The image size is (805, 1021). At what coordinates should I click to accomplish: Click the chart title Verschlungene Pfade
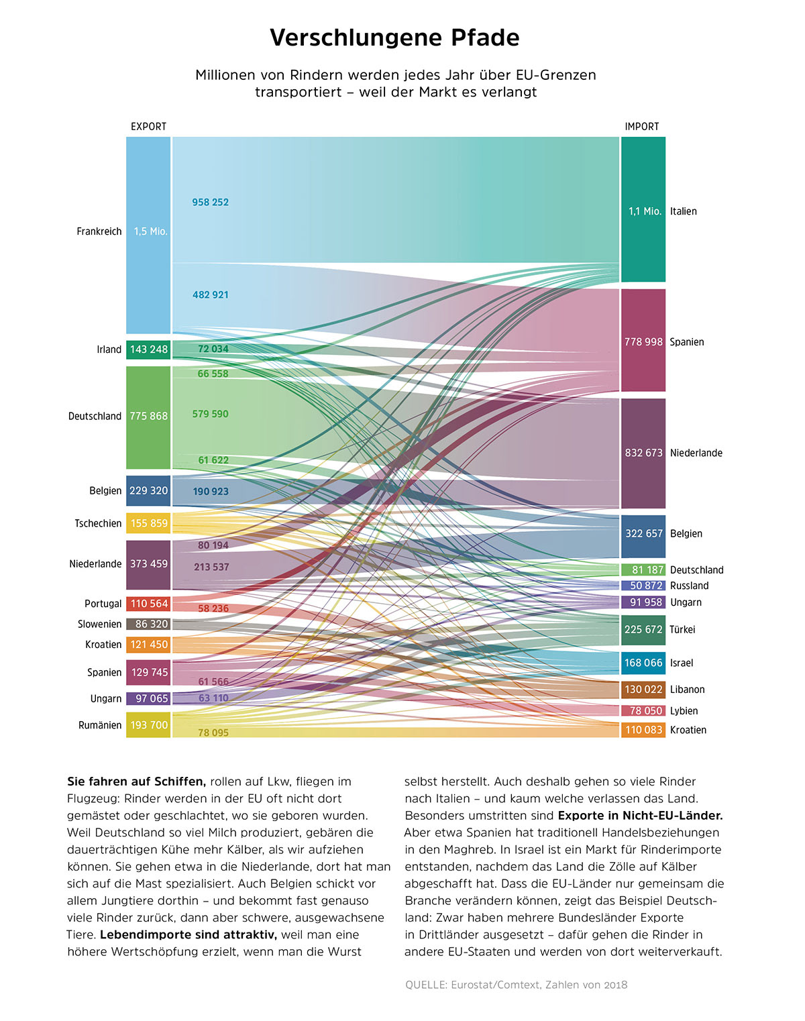pos(394,38)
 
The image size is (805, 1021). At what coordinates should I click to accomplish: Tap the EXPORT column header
pos(148,127)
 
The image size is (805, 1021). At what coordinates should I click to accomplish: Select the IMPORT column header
pos(642,127)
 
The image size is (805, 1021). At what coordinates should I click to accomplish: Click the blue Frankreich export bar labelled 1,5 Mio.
pos(148,235)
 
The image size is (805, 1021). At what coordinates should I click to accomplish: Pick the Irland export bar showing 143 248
pos(148,350)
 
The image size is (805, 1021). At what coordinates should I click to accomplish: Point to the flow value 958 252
pos(210,203)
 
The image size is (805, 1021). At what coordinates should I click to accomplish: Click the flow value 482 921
pos(210,295)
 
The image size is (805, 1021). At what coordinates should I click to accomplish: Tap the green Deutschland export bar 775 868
pos(148,417)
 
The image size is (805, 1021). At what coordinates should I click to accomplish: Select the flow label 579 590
pos(210,414)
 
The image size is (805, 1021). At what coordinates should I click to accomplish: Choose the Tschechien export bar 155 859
pos(148,523)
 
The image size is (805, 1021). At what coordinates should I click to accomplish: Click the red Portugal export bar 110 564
pos(148,604)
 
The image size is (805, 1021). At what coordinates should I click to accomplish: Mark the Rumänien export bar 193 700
pos(148,725)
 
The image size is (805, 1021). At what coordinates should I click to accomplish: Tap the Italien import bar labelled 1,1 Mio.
pos(643,209)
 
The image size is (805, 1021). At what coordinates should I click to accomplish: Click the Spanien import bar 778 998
pos(643,340)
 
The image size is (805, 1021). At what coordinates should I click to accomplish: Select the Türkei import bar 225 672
pos(643,630)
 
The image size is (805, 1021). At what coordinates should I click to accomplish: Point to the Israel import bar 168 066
pos(643,663)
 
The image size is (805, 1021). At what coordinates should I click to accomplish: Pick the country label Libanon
pos(688,690)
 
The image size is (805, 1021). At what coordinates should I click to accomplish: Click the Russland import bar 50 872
pos(643,586)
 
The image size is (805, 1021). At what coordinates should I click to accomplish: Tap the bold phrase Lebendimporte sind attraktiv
pos(189,935)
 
